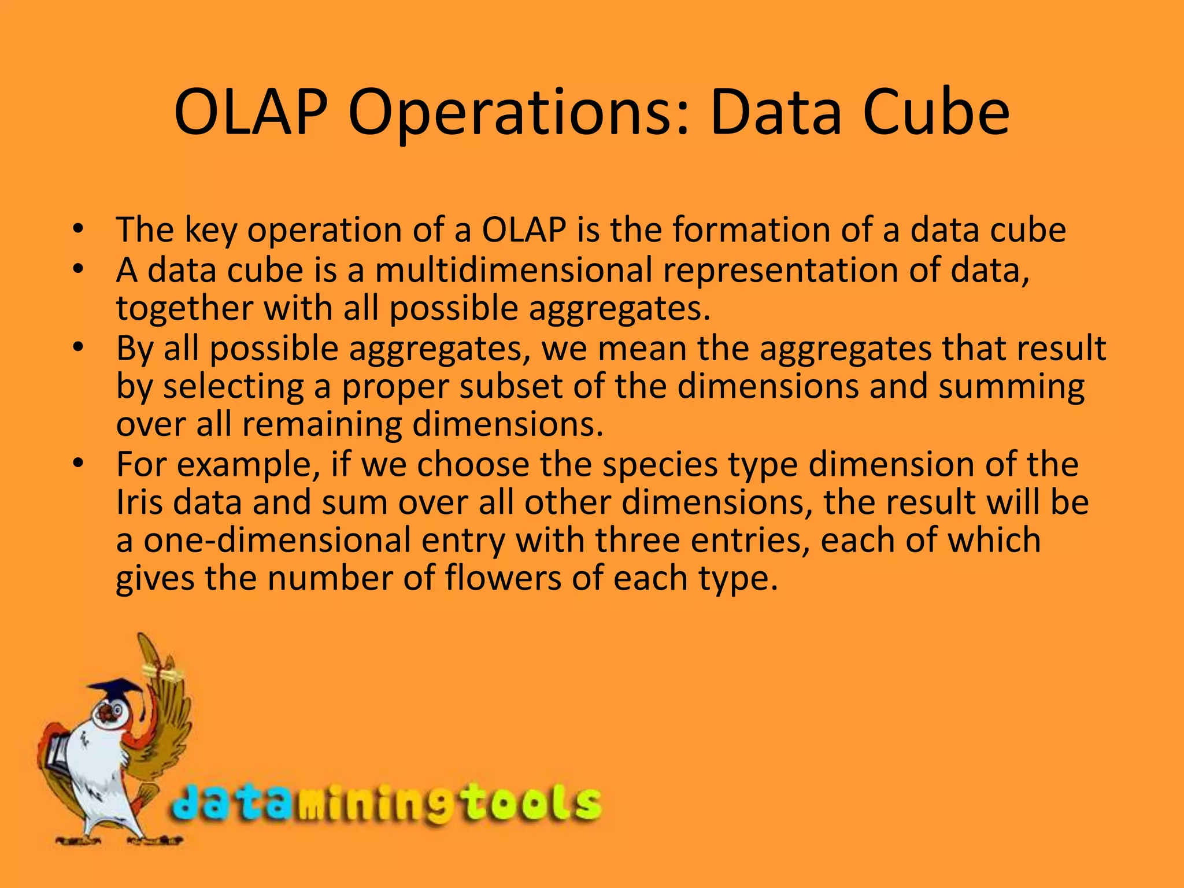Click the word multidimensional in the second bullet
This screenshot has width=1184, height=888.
[513, 270]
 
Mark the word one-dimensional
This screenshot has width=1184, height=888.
[277, 540]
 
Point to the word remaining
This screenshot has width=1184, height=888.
[321, 425]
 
